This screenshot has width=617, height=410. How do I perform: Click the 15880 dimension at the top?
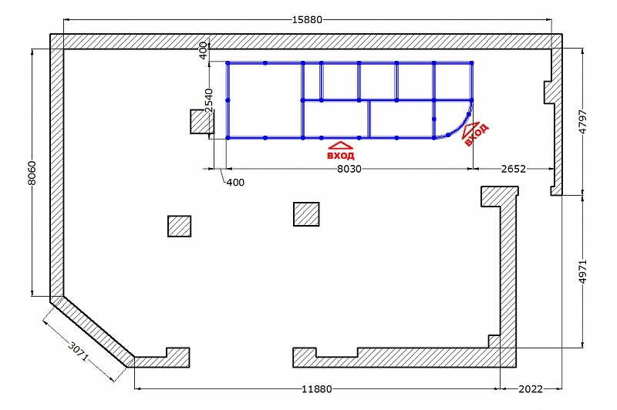coord(307,19)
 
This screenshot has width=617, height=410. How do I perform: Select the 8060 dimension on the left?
coord(32,173)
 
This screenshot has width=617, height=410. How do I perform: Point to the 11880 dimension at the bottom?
coord(317,388)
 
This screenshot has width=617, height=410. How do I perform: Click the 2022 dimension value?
coord(531,388)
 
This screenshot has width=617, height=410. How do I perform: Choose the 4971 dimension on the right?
coord(583,271)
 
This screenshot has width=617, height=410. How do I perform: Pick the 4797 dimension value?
coord(583,122)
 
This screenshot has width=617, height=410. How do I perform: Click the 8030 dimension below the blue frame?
coord(349,169)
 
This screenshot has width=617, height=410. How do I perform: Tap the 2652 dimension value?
coord(514,169)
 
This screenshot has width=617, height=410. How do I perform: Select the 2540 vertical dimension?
coord(209,101)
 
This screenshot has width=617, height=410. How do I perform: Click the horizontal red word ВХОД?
coord(341,155)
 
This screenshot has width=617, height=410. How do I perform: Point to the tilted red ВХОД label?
coord(477,134)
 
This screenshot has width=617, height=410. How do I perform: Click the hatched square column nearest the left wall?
coord(180,226)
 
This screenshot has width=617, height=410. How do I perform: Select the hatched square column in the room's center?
coord(306,214)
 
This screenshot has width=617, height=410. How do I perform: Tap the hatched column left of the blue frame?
coord(202,122)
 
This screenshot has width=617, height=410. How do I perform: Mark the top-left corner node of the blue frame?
coord(228,63)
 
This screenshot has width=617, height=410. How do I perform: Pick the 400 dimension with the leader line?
coord(235,183)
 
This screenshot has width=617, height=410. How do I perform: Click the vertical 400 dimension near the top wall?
coord(203,50)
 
